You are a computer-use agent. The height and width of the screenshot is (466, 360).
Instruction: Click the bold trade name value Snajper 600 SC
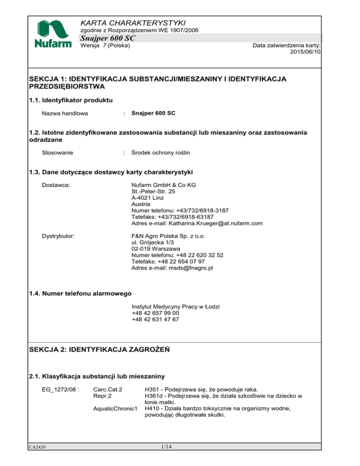(x=154, y=113)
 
